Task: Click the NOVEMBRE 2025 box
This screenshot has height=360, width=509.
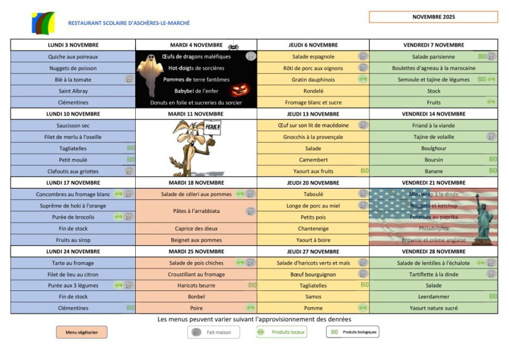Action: point(433,17)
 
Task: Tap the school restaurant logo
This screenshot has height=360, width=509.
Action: point(44,23)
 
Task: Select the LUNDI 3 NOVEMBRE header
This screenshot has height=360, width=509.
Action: point(73,45)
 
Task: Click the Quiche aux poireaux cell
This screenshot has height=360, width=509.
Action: point(73,57)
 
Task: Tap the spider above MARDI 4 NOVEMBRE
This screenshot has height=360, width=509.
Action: point(233,45)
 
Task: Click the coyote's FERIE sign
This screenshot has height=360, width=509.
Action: point(212,128)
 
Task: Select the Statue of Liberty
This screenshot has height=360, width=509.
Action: point(483,219)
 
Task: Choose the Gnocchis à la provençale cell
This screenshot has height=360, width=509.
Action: point(313,137)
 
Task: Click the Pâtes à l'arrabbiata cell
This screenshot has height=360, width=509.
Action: point(196,211)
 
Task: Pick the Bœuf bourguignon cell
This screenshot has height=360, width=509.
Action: point(313,274)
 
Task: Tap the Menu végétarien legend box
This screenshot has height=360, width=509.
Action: point(81,332)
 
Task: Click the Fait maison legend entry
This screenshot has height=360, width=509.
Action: point(213,332)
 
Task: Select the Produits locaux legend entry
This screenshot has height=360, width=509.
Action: point(282,332)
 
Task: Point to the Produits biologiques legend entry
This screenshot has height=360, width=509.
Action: point(352,332)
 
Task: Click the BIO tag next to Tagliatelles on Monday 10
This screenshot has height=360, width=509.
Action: point(130,148)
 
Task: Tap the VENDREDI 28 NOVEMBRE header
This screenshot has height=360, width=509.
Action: point(433,251)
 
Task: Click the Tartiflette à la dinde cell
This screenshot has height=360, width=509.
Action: point(433,274)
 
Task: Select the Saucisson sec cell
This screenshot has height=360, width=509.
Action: point(73,126)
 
